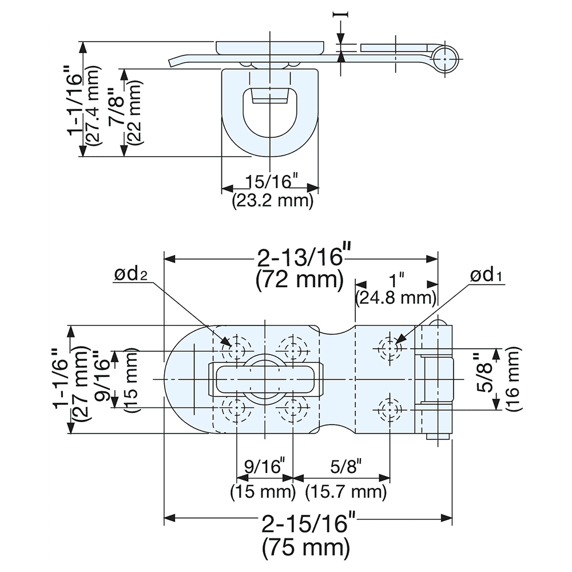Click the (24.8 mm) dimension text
[395, 298]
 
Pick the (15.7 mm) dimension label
[345, 491]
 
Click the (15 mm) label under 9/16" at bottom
[263, 491]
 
